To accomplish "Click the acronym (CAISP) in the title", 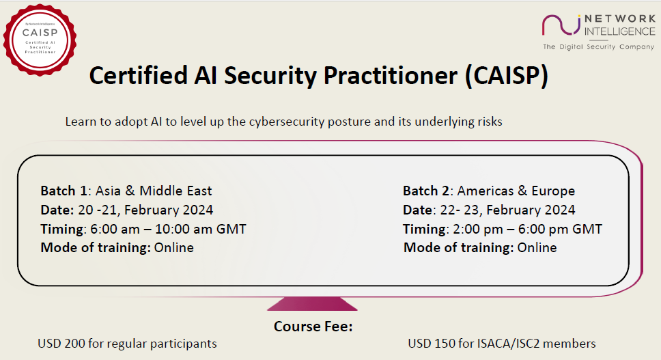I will [506, 76].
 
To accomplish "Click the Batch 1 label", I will [64, 191].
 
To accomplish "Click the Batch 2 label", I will [427, 191].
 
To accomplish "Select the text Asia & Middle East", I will [154, 191].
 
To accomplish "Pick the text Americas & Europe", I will [516, 191].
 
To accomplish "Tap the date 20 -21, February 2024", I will [154, 210].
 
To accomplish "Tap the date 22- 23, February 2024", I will [517, 210].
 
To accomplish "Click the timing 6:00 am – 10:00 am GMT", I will [173, 229].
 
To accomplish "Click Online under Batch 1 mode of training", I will [173, 247].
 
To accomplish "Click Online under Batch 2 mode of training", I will [537, 247].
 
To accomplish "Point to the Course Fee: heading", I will [313, 327].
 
